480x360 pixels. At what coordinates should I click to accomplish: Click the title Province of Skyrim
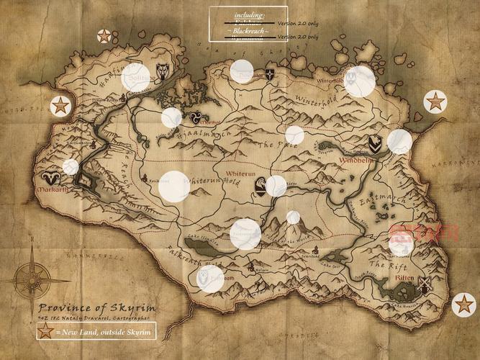click(98, 307)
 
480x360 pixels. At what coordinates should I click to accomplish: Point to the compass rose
click(31, 276)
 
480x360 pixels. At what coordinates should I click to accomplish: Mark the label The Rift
click(384, 265)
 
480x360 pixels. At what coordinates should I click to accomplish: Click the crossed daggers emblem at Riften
click(423, 283)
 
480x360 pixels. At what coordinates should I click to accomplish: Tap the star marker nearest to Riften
click(464, 305)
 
